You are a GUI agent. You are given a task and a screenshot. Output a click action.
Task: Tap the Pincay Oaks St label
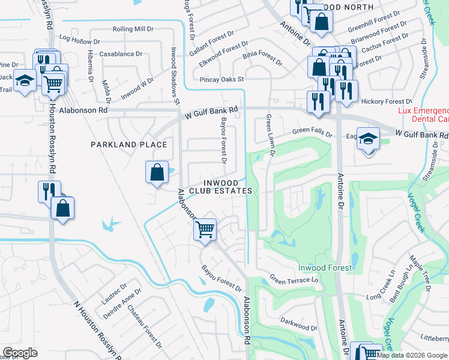point(222,79)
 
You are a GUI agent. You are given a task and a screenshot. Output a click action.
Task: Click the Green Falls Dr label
point(312,132)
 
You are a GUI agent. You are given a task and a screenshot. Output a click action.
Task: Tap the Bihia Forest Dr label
point(262,58)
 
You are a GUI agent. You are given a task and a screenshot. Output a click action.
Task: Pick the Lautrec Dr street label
point(112,292)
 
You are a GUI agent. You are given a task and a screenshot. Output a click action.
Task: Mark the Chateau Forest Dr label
point(145,327)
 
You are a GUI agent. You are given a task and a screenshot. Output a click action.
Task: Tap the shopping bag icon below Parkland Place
point(156,172)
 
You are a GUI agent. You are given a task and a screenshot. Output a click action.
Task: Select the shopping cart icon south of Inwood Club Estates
point(205,229)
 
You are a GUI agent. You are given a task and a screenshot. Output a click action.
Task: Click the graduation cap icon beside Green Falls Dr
point(368,139)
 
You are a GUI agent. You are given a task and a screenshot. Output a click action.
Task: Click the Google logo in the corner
point(20,353)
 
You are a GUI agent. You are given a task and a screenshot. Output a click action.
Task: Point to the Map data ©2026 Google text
point(412,355)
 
